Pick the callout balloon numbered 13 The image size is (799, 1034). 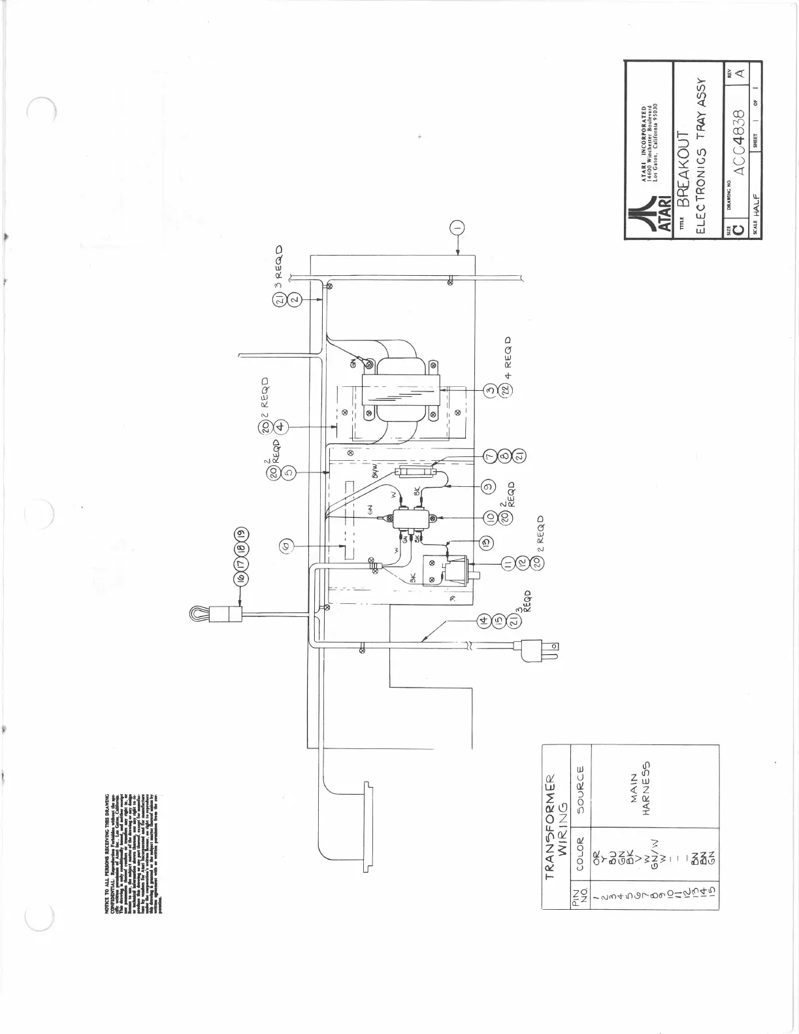485,542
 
